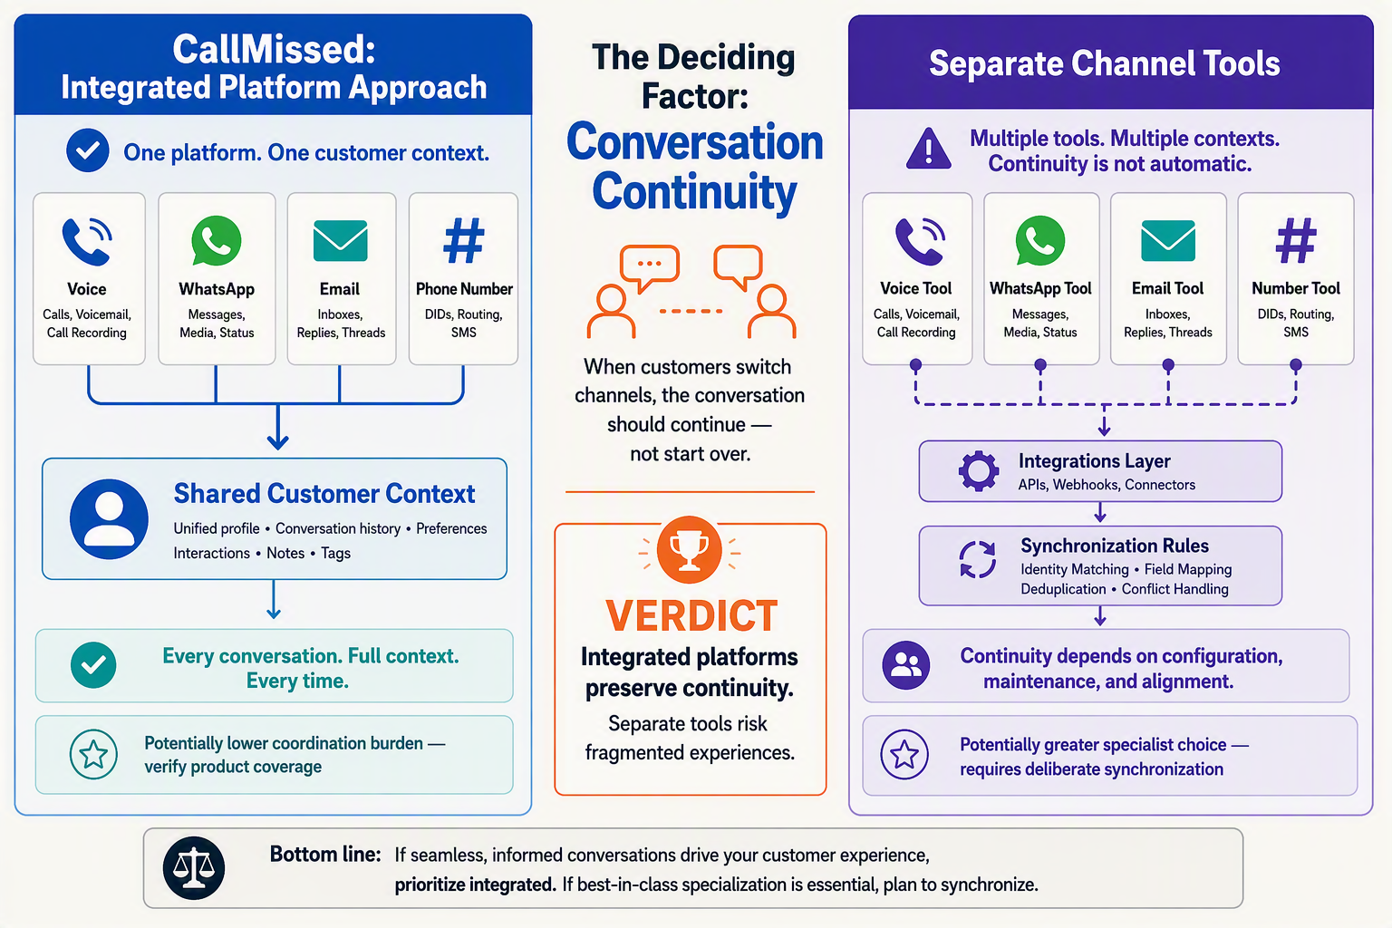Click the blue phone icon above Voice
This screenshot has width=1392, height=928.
[87, 241]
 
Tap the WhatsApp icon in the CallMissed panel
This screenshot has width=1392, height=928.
[217, 241]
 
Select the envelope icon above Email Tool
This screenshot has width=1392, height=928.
[1167, 240]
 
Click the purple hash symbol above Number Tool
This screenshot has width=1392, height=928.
[1296, 240]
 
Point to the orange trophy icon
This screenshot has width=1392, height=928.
[689, 549]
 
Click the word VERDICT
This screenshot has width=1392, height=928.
[691, 615]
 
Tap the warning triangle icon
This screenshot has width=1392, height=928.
[928, 150]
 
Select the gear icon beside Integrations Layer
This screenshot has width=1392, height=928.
[979, 471]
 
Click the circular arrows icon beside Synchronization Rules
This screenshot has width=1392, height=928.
[978, 559]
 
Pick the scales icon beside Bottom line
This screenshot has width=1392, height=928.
[194, 867]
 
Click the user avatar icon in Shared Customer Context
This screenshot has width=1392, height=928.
[109, 519]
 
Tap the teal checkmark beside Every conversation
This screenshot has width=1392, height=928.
[93, 665]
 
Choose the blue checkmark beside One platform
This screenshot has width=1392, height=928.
[88, 150]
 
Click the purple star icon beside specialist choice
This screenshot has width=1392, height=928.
[904, 755]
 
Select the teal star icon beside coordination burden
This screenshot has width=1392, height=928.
[93, 755]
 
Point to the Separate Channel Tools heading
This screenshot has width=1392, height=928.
[1105, 63]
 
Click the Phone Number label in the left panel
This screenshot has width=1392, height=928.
[464, 289]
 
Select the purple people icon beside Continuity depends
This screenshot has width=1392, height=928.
[906, 665]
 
